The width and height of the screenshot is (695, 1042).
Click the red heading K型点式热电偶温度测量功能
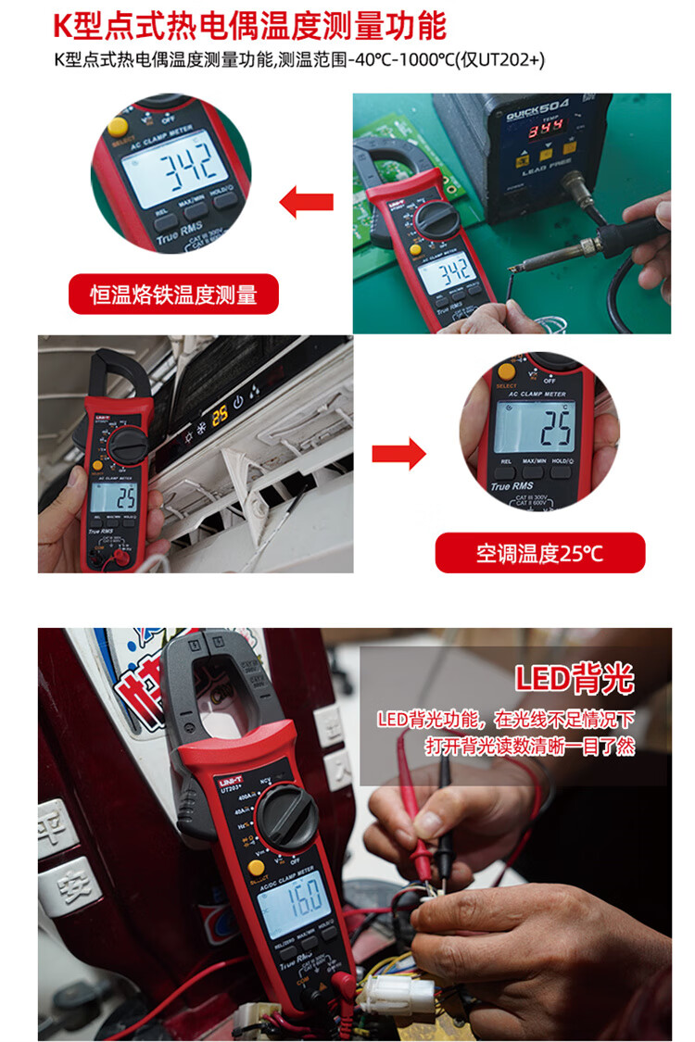point(249,25)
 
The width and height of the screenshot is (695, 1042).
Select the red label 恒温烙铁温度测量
point(173,295)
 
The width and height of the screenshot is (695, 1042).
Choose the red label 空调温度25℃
point(539,553)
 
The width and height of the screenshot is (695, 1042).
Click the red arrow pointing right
point(398,454)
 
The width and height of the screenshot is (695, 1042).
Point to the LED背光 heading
point(575,679)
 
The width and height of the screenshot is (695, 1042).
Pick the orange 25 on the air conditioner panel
point(220,414)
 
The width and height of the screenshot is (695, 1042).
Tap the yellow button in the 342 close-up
point(118,127)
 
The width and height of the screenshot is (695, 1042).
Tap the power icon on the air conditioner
point(238,402)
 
